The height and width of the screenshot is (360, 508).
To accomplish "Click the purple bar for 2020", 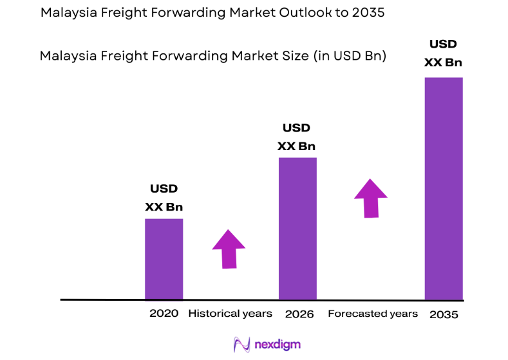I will (x=164, y=259).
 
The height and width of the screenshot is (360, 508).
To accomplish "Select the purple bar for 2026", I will (x=297, y=229).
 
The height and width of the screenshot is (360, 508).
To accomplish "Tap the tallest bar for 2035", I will (x=444, y=189).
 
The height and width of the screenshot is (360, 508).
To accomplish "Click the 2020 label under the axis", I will (x=164, y=314).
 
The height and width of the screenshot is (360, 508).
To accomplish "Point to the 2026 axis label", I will (x=299, y=314).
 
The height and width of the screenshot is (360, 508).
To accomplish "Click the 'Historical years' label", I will (x=230, y=314).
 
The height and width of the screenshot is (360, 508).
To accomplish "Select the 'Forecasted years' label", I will (x=373, y=314).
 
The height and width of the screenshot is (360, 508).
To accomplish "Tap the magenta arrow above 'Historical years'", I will (x=229, y=248).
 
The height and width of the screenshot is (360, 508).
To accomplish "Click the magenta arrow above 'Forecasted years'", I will (x=371, y=198).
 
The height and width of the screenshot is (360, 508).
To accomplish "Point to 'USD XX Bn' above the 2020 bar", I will (x=164, y=198).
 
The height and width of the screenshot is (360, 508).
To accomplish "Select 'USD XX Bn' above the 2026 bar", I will (x=296, y=137).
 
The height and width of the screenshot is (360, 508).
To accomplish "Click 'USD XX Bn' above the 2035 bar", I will (x=443, y=53).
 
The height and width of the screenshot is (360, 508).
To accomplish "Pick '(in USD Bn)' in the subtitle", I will (x=350, y=56).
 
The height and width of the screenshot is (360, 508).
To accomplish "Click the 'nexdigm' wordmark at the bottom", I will (x=277, y=345).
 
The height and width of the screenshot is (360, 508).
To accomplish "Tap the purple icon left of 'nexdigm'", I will (x=241, y=345).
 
